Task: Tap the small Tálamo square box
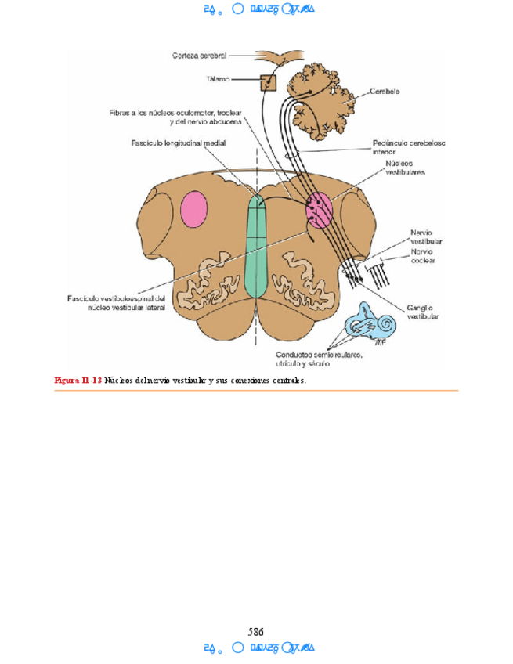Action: pos(269,81)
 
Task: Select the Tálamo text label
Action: pos(219,79)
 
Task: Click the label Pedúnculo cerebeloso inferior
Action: pos(403,147)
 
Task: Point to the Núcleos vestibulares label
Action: pos(405,168)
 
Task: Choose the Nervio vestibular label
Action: pos(427,237)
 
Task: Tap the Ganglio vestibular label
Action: pos(423,312)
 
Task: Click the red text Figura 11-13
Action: pos(78,381)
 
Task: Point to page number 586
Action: pos(256,631)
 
